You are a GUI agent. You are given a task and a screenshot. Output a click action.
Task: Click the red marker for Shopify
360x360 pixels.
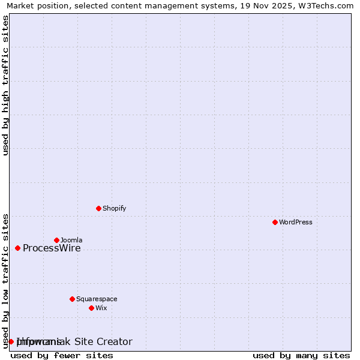(98, 209)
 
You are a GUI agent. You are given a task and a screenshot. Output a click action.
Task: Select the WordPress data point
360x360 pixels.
(275, 222)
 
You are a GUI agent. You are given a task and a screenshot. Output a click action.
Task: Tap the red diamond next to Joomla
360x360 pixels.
(56, 240)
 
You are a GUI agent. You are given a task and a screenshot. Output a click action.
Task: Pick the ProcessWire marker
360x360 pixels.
(17, 248)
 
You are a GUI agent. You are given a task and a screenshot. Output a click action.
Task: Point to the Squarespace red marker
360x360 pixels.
(72, 299)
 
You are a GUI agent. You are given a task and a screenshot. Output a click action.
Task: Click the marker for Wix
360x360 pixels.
(91, 308)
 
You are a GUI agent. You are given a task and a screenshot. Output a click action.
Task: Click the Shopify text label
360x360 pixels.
(114, 209)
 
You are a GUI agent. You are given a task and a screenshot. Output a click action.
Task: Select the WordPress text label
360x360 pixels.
(296, 222)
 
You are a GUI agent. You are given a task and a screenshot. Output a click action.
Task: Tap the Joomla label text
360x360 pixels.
(71, 240)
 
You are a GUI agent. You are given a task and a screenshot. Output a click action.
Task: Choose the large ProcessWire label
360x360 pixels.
(52, 248)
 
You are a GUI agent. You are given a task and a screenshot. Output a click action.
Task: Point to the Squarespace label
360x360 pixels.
(97, 299)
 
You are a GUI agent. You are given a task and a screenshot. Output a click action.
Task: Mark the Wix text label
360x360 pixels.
(101, 308)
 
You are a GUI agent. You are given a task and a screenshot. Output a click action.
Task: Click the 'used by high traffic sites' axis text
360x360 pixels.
(6, 85)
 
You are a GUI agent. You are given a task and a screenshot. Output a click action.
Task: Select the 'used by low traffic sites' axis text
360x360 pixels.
(6, 281)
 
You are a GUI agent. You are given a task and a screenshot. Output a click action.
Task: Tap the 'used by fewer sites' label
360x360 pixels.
(62, 355)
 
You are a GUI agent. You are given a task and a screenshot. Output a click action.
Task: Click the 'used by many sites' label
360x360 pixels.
(301, 355)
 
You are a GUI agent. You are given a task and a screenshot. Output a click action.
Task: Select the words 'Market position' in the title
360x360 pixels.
(35, 6)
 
